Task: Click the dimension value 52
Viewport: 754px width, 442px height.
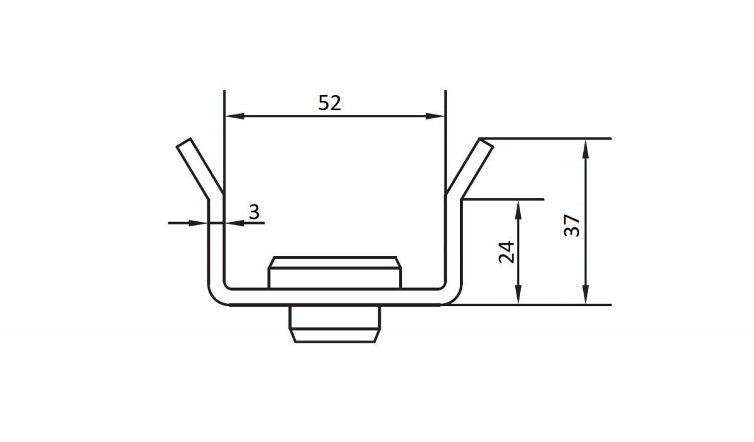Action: tap(329, 102)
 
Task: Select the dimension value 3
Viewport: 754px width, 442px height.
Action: tap(254, 212)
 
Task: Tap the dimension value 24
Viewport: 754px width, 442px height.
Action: tap(506, 252)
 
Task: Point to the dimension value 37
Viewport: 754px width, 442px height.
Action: tap(572, 225)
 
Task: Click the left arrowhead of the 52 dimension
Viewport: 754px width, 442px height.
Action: tap(234, 116)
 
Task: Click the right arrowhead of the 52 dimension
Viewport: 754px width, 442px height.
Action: tap(435, 116)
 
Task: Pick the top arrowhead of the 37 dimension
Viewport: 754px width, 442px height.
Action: tap(586, 149)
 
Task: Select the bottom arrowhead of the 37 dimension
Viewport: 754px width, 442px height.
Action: tap(586, 294)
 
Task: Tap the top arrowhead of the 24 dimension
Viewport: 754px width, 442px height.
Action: tap(518, 210)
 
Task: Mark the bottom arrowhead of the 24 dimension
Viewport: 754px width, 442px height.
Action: tap(518, 294)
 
